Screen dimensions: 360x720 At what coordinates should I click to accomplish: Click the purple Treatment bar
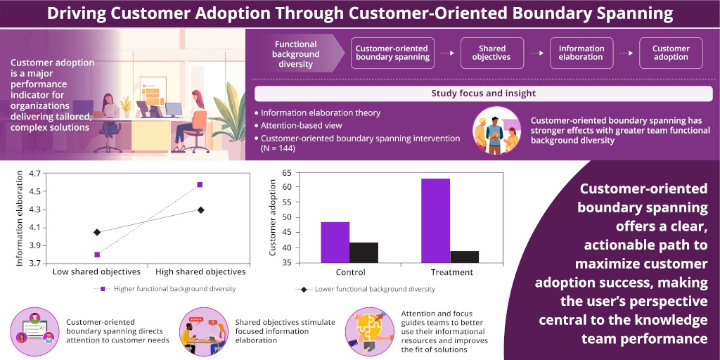tap(435, 221)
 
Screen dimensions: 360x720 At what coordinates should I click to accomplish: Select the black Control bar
tap(364, 252)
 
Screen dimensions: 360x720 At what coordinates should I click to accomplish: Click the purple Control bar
tap(335, 243)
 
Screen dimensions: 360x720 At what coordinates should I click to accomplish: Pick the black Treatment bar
tap(464, 257)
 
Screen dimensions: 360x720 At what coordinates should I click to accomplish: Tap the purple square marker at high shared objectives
tap(200, 184)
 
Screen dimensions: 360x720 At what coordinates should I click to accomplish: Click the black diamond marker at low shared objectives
tap(97, 232)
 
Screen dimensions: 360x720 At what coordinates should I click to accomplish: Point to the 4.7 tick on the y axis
tap(33, 172)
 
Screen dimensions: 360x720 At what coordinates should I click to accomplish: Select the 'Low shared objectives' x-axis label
tap(97, 272)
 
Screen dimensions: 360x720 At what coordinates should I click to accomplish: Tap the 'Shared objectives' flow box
tap(491, 53)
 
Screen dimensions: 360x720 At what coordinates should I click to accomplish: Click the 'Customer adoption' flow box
tap(670, 53)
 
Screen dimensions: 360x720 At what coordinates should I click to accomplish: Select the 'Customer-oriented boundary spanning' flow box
tap(392, 53)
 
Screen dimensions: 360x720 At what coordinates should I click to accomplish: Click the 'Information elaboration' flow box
tap(581, 53)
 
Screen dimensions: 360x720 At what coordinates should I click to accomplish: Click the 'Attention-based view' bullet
tap(304, 125)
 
